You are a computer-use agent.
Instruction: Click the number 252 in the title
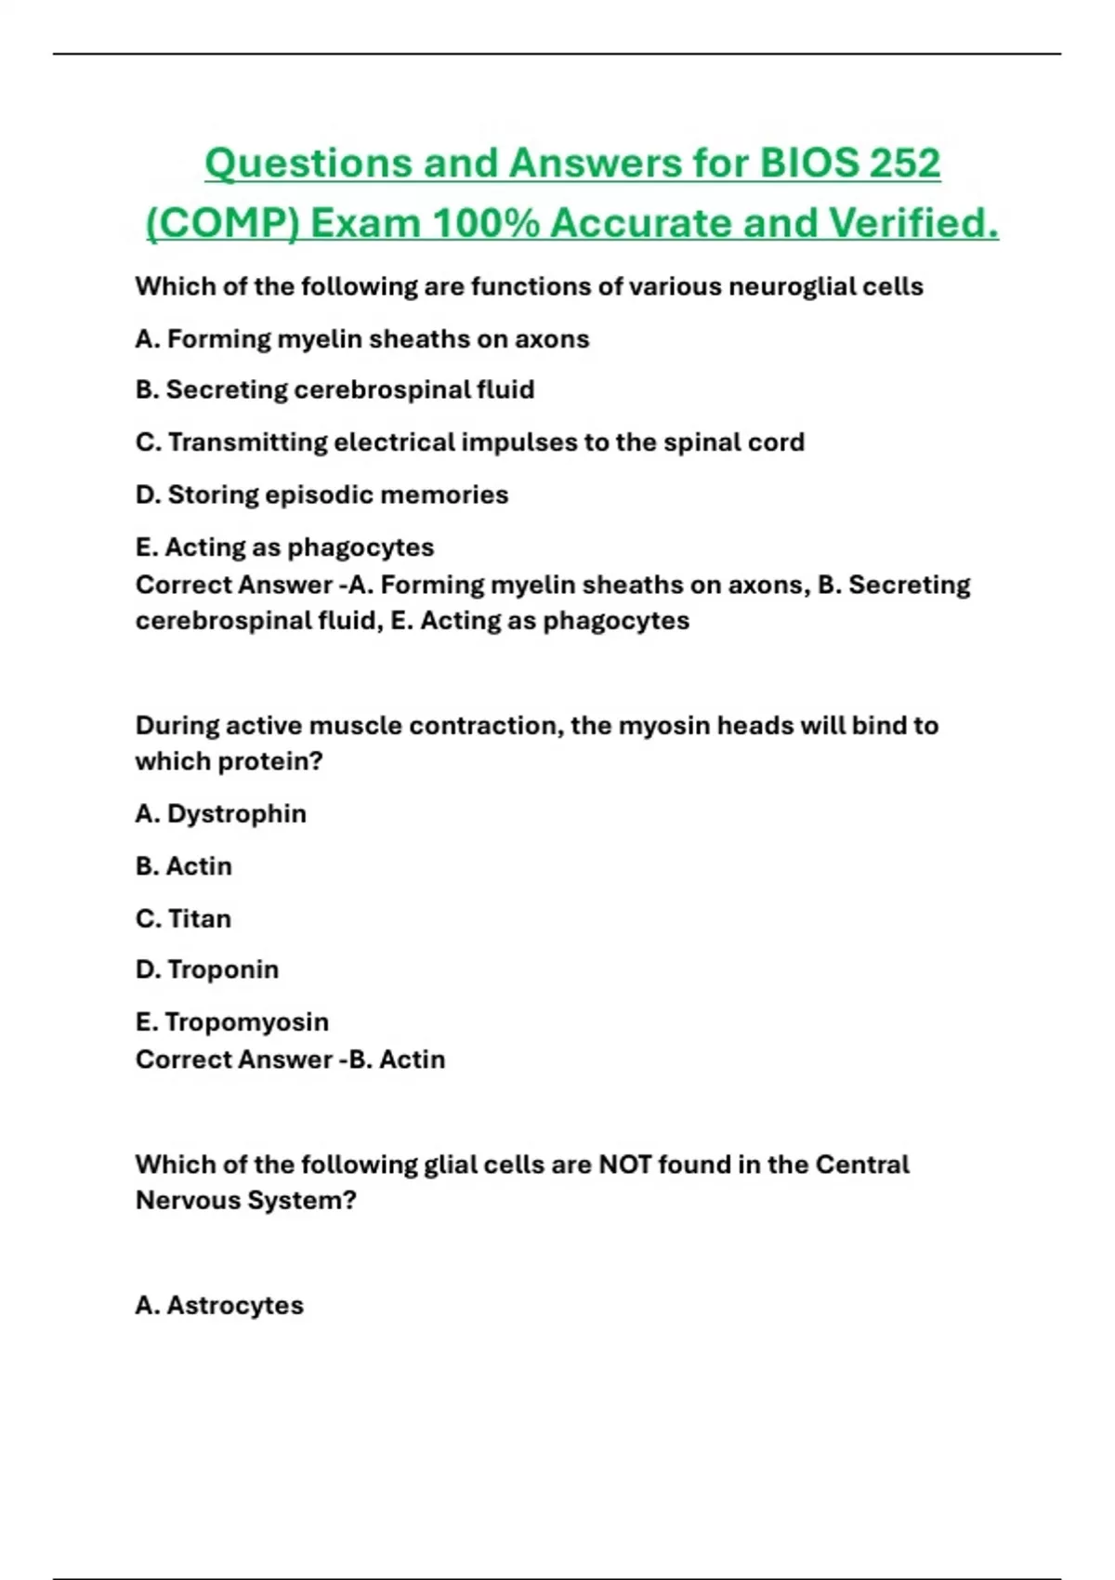click(x=904, y=164)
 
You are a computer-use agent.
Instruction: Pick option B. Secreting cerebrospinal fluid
click(x=334, y=389)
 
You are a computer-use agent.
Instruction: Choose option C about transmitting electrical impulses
click(x=469, y=442)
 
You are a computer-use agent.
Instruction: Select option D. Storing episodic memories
click(x=321, y=494)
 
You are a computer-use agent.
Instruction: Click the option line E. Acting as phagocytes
click(x=284, y=547)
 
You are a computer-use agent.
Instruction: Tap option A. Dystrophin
click(x=220, y=814)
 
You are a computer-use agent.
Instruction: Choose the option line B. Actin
click(x=183, y=866)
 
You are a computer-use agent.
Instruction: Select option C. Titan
click(x=183, y=918)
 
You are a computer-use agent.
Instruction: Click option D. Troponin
click(x=206, y=969)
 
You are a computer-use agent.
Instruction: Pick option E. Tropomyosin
click(x=231, y=1022)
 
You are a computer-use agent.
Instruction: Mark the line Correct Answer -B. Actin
click(x=290, y=1060)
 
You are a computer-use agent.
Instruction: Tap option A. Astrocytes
click(x=219, y=1306)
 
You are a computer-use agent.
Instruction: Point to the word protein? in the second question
click(x=275, y=762)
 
